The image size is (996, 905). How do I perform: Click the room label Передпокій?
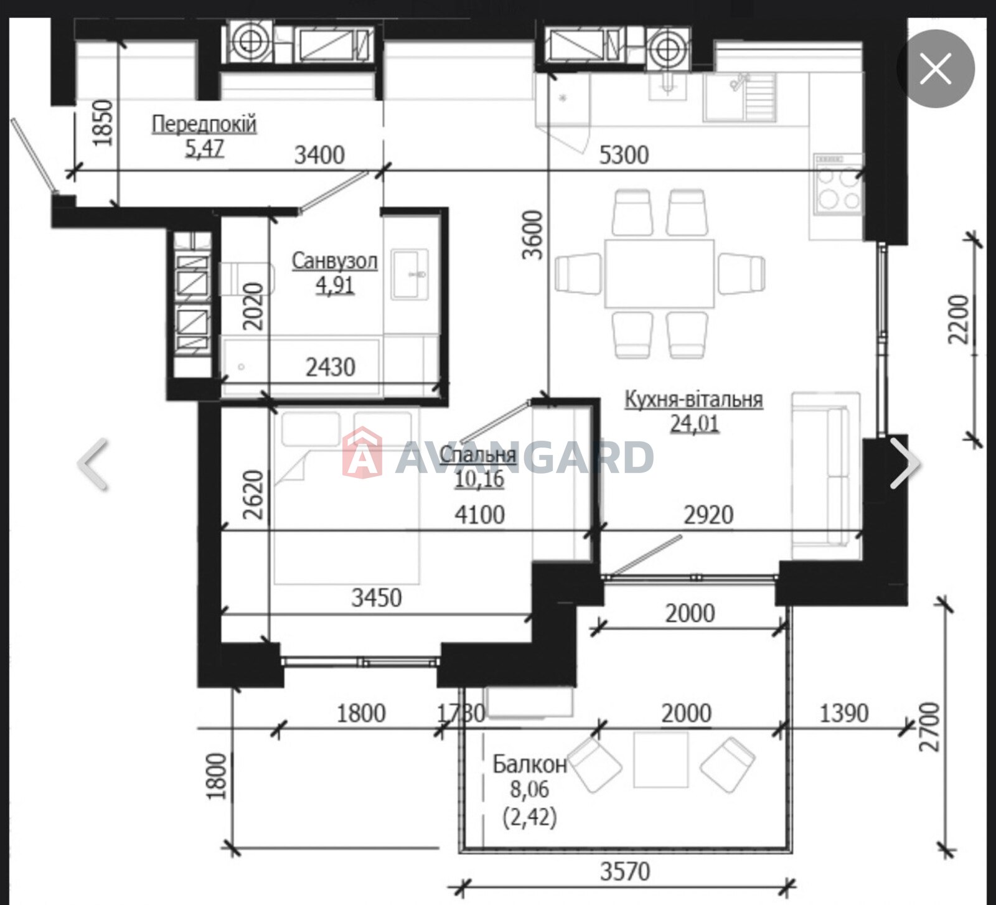[x=204, y=124]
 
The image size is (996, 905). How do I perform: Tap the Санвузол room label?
[x=335, y=260]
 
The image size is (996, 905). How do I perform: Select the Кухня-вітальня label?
[x=693, y=399]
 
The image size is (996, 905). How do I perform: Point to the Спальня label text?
[x=478, y=454]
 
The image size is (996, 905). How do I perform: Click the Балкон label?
[x=530, y=764]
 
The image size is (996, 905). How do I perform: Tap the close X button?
[x=936, y=68]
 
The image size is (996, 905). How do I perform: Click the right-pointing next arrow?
[x=905, y=463]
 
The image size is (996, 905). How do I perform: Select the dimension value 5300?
[x=624, y=154]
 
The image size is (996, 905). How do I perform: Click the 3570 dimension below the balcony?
[x=625, y=871]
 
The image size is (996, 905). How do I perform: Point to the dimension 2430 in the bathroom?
[x=331, y=367]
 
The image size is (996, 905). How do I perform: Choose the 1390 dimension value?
[x=843, y=713]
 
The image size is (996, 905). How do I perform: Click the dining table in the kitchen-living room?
[x=659, y=273]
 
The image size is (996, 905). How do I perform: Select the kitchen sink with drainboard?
[x=740, y=96]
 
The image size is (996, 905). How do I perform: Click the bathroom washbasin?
[x=410, y=274]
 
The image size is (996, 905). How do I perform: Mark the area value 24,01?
[x=694, y=424]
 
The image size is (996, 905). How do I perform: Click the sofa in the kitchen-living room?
[x=825, y=476]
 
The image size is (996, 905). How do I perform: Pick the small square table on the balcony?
[x=661, y=760]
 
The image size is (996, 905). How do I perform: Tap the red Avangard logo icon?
[x=362, y=452]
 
